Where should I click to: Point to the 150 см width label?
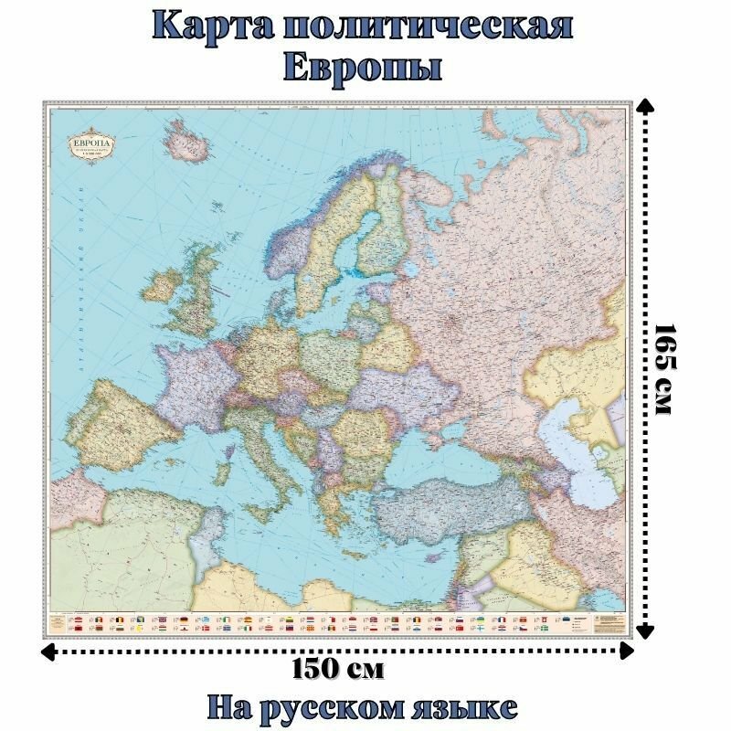(x=338, y=669)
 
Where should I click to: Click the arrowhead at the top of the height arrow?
(x=645, y=108)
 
